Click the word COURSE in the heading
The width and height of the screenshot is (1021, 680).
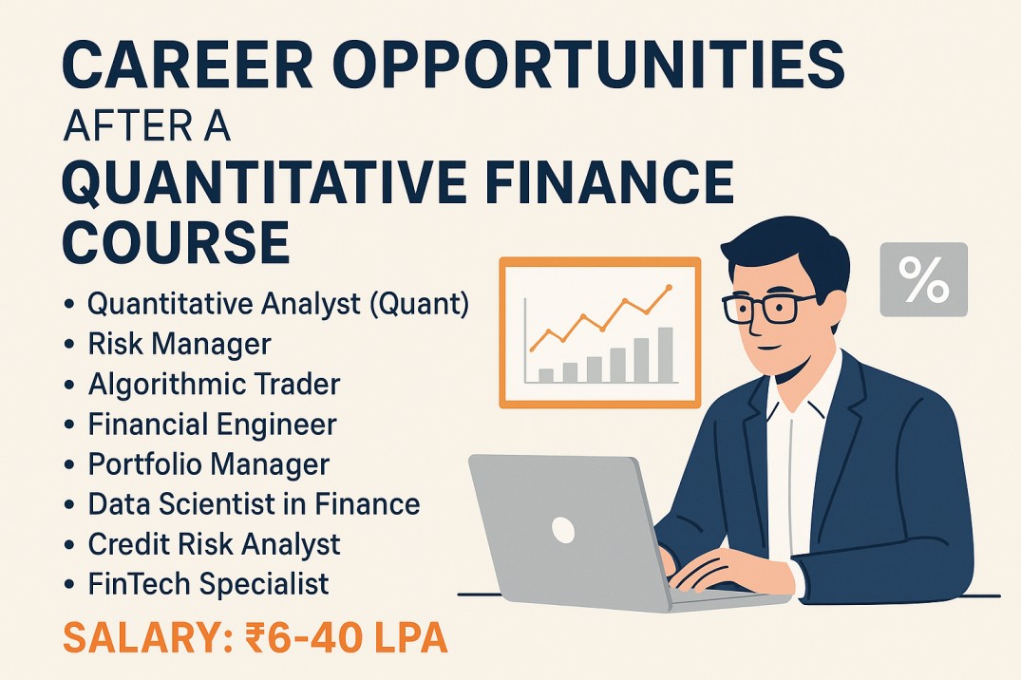(176, 240)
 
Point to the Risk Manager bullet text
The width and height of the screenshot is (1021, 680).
(180, 344)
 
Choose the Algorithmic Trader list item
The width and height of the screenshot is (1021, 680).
(215, 384)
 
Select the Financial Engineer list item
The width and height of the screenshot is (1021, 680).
(213, 425)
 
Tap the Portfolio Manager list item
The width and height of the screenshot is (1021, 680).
(209, 464)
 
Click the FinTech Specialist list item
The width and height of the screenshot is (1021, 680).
(208, 583)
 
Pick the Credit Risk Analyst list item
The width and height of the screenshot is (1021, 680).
(215, 544)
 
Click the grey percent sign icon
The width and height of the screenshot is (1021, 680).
(923, 279)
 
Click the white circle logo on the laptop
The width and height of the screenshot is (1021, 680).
(563, 530)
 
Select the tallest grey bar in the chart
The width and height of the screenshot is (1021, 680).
(665, 355)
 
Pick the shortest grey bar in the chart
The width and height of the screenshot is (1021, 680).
(546, 376)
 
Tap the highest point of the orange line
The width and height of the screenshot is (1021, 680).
(668, 287)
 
